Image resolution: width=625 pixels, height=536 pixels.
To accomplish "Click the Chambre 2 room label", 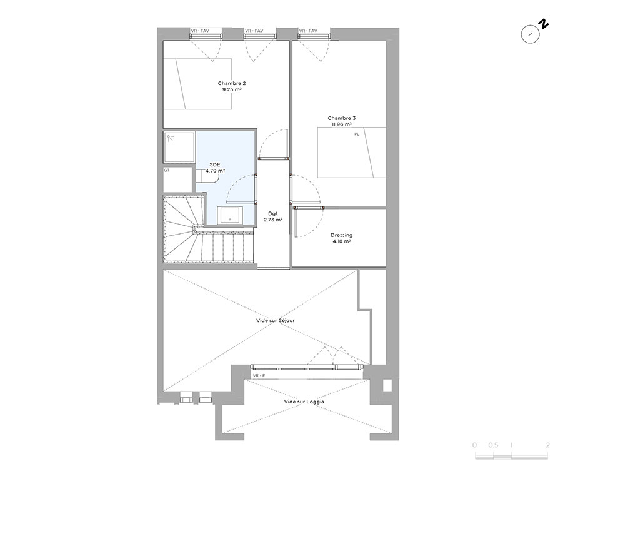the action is pyautogui.click(x=232, y=83).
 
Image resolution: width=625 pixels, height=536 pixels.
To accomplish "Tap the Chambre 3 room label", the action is pyautogui.click(x=342, y=118).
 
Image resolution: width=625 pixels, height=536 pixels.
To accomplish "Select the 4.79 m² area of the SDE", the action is pyautogui.click(x=215, y=171).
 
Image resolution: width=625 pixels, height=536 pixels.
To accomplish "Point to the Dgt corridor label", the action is pyautogui.click(x=273, y=214).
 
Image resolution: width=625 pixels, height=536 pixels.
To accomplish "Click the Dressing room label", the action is pyautogui.click(x=342, y=235).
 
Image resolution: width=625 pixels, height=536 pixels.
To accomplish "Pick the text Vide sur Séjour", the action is pyautogui.click(x=276, y=321).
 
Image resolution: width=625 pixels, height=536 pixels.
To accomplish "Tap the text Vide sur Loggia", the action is pyautogui.click(x=304, y=402).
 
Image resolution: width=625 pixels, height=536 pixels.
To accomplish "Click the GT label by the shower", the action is pyautogui.click(x=167, y=170).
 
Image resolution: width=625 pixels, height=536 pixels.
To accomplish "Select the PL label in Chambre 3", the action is pyautogui.click(x=357, y=134).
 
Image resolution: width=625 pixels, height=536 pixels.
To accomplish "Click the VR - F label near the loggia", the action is pyautogui.click(x=259, y=376).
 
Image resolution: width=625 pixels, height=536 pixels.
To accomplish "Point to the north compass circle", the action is pyautogui.click(x=530, y=34).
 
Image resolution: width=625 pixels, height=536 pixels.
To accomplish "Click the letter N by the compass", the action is pyautogui.click(x=543, y=24).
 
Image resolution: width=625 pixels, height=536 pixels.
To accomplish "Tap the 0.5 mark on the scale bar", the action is pyautogui.click(x=494, y=445).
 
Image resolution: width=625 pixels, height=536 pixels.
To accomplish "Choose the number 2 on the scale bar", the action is pyautogui.click(x=547, y=445).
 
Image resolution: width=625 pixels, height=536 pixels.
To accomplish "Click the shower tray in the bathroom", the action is pyautogui.click(x=179, y=147).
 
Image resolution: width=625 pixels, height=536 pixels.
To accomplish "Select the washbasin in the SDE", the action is pyautogui.click(x=230, y=215).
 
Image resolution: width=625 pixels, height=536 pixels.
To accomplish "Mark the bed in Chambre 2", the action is pyautogui.click(x=197, y=84).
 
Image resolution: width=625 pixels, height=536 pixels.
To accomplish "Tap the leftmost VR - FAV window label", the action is pyautogui.click(x=200, y=31).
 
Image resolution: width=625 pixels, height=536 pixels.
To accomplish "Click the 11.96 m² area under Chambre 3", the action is pyautogui.click(x=342, y=124).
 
